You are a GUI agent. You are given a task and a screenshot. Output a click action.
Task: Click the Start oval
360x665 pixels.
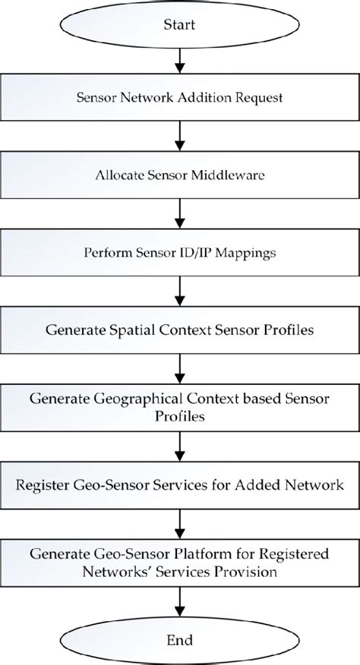(x=180, y=26)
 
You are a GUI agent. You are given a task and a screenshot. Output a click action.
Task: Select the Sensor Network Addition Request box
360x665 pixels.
(x=180, y=96)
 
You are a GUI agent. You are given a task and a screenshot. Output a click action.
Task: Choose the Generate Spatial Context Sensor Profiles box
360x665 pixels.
(x=180, y=330)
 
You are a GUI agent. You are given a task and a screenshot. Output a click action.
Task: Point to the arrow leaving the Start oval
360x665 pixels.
(x=180, y=60)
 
